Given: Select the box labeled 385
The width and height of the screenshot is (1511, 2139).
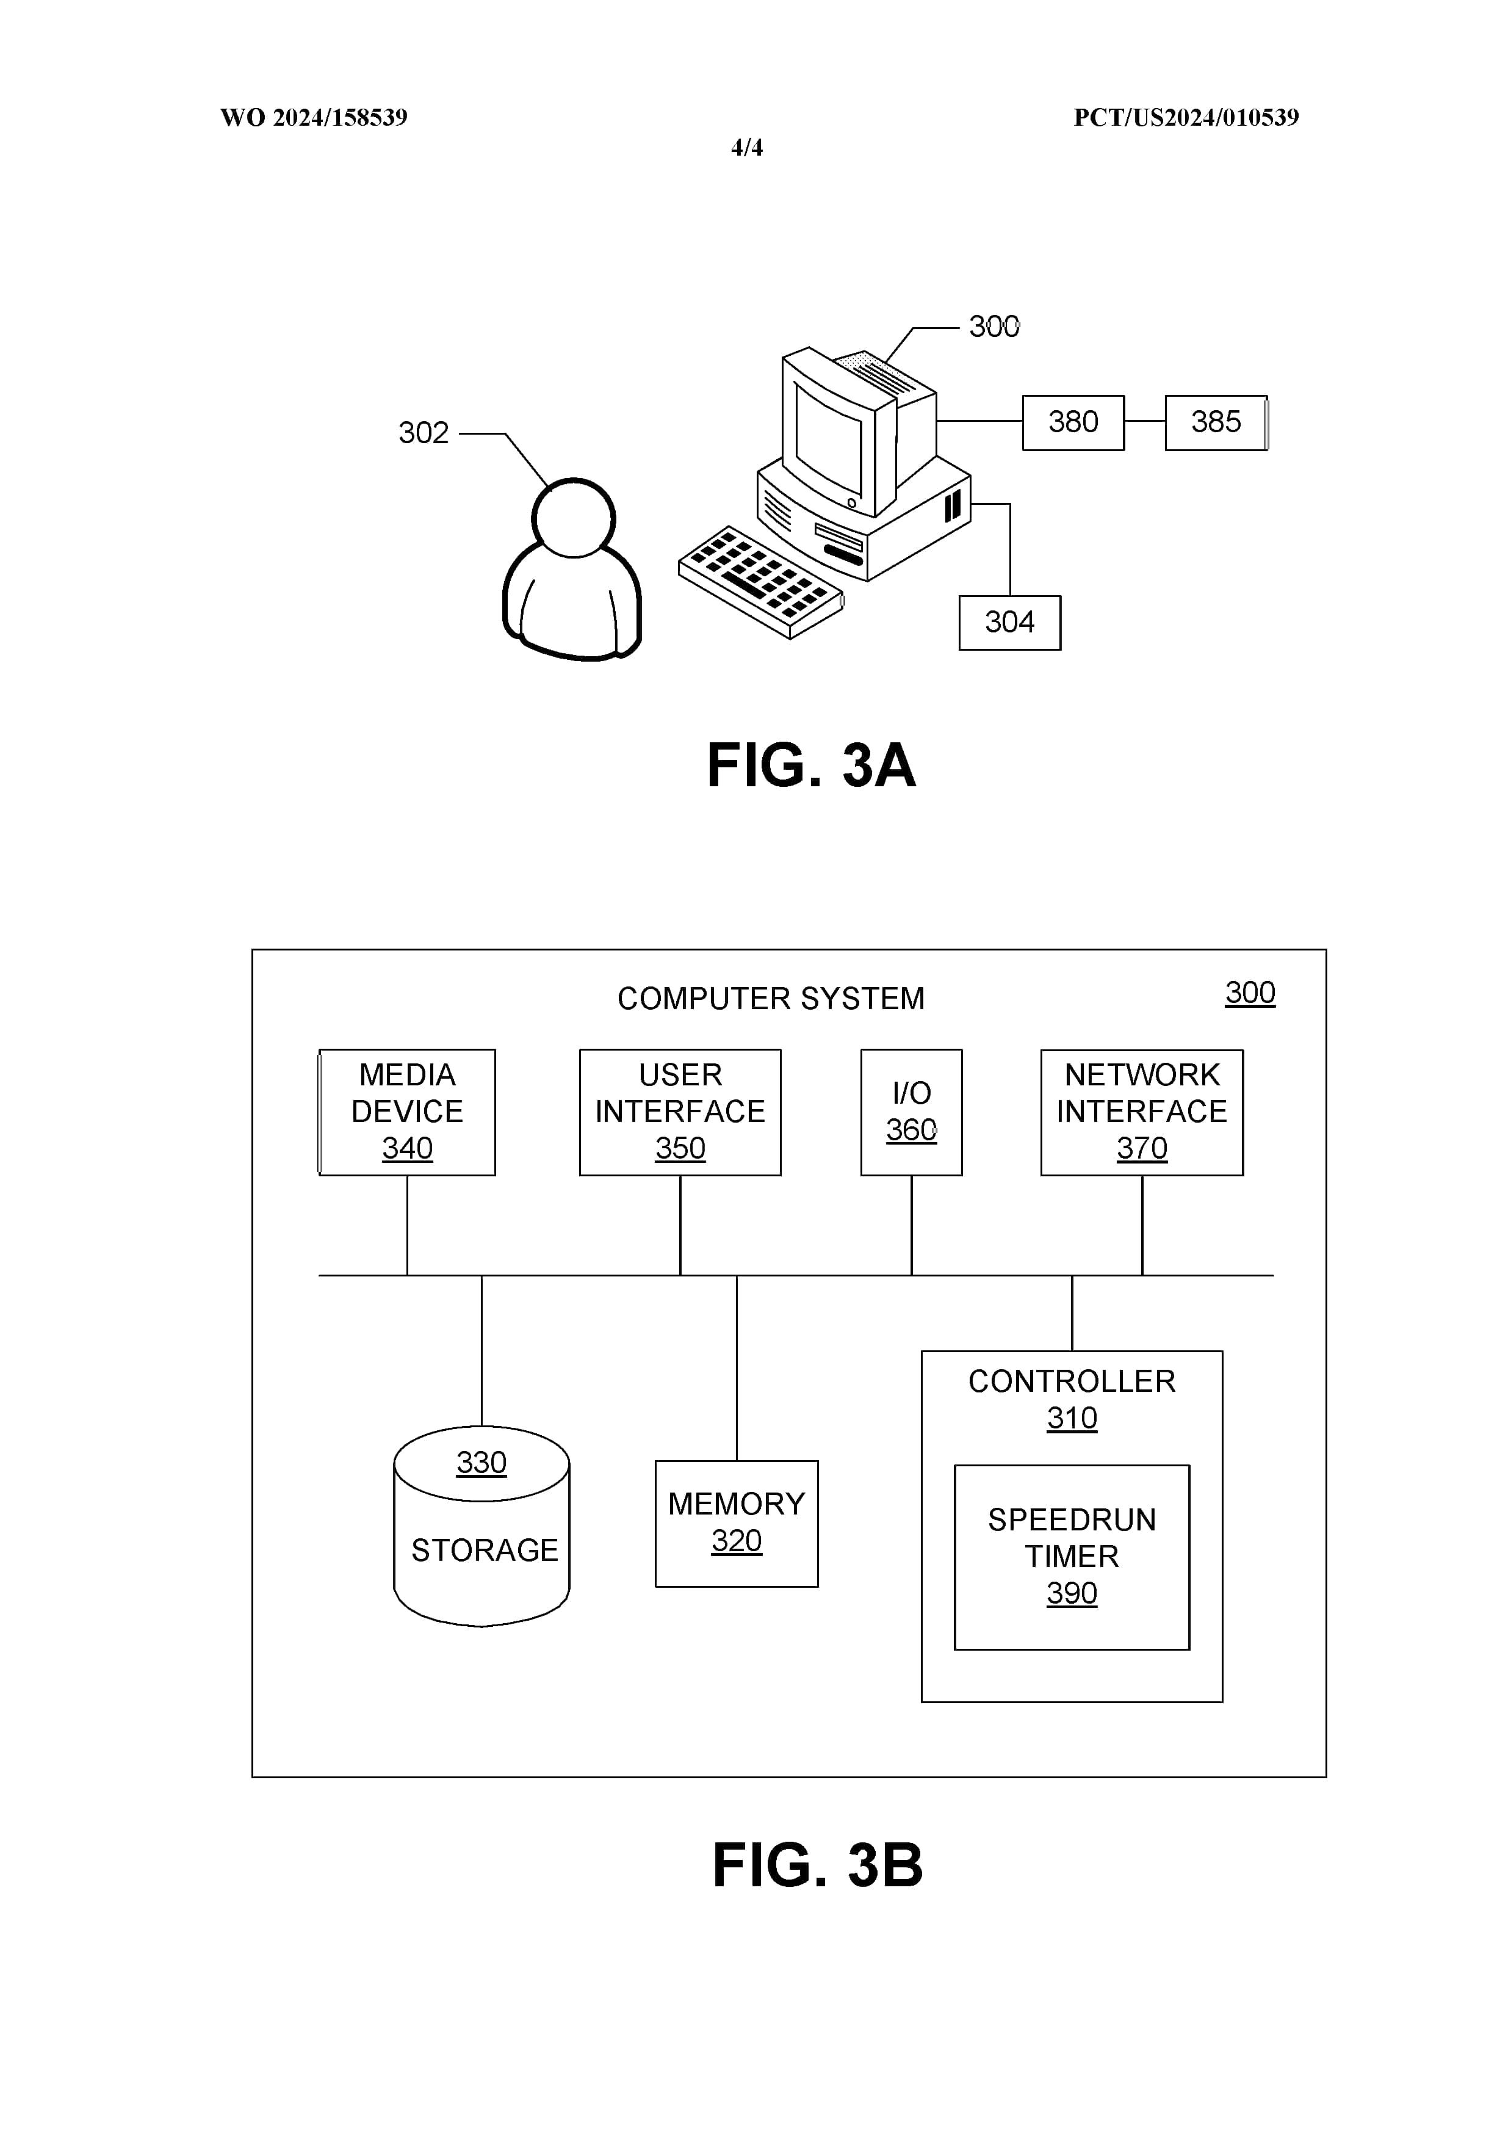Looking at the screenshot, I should click(x=1215, y=422).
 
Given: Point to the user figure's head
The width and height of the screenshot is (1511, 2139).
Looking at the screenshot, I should click(x=573, y=518).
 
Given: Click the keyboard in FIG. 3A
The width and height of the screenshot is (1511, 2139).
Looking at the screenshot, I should click(x=759, y=581).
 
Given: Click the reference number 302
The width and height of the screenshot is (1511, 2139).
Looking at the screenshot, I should click(x=423, y=433).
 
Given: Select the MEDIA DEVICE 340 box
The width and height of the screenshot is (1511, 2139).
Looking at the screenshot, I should click(x=407, y=1112).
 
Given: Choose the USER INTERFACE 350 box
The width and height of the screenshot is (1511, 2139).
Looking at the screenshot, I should click(x=679, y=1112).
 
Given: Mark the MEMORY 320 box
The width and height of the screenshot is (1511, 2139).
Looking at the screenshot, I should click(x=736, y=1523).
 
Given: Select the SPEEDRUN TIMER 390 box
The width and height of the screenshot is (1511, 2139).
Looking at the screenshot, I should click(x=1071, y=1557).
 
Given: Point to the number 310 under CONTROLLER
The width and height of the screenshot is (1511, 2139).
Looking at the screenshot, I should click(x=1071, y=1418).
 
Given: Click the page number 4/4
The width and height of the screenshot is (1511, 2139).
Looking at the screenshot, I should click(x=746, y=147).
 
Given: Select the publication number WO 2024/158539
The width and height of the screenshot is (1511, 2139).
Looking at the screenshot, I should click(x=313, y=117).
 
